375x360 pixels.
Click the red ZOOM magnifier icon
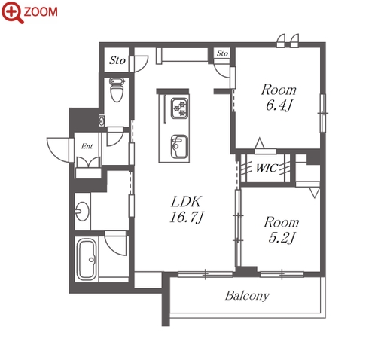click(12, 13)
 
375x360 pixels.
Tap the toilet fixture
click(117, 90)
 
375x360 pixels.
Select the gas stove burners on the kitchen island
click(179, 108)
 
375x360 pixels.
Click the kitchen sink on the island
click(179, 147)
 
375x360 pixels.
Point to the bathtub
click(87, 260)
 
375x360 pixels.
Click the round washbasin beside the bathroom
click(82, 211)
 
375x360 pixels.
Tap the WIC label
click(267, 168)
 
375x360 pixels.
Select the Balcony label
click(247, 296)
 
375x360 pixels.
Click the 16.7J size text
click(186, 217)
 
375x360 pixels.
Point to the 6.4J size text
click(279, 105)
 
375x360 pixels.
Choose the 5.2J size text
click(282, 238)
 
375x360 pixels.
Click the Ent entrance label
click(87, 146)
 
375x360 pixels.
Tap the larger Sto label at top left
click(117, 60)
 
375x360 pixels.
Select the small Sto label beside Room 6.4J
click(222, 53)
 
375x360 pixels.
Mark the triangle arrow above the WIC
click(260, 143)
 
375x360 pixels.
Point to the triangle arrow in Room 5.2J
click(315, 193)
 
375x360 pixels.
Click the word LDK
click(186, 202)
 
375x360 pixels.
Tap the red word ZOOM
click(41, 12)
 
